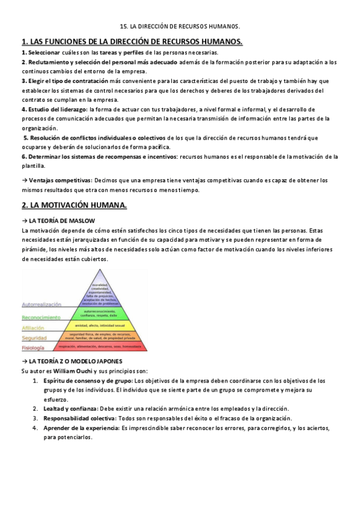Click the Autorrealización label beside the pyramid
tap(39, 305)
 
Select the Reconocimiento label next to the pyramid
tap(41, 317)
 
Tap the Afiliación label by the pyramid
tap(33, 328)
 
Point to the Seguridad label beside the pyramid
tap(34, 338)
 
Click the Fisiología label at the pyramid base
tap(34, 348)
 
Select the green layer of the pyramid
tap(100, 313)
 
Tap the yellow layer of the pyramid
tap(100, 325)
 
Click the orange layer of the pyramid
tap(100, 336)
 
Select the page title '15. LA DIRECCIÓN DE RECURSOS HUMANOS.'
tap(180, 27)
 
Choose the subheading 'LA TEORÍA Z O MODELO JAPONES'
tap(75, 361)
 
